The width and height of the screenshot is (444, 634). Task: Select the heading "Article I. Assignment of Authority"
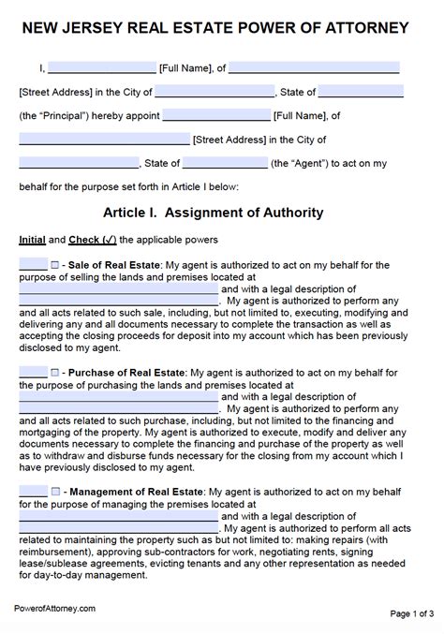tap(221, 213)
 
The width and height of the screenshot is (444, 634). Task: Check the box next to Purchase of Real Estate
tap(56, 372)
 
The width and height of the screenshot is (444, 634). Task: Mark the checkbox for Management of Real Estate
tap(56, 491)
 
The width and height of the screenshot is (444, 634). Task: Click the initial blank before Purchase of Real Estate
tap(33, 372)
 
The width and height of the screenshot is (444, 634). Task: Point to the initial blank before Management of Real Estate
tap(33, 491)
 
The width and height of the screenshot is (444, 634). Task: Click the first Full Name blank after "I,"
tap(101, 68)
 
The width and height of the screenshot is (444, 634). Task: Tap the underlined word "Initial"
tap(32, 240)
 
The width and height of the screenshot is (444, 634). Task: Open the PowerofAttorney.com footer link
tap(55, 608)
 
